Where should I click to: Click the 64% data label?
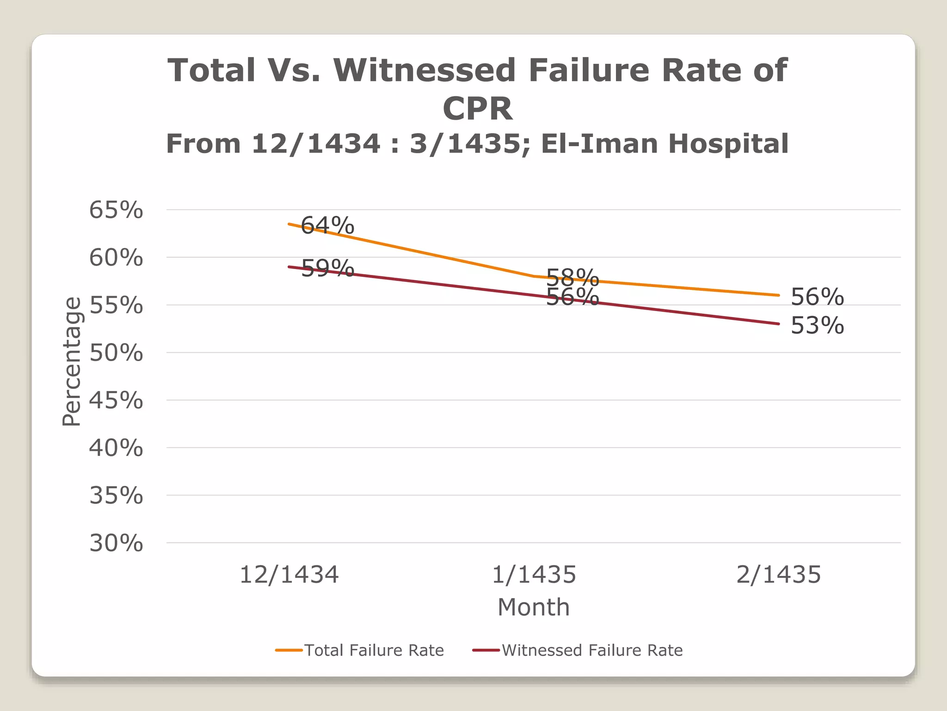pyautogui.click(x=327, y=225)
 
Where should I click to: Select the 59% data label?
pyautogui.click(x=327, y=268)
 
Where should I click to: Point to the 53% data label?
pyautogui.click(x=817, y=325)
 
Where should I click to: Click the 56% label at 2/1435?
pyautogui.click(x=817, y=297)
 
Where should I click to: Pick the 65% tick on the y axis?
pyautogui.click(x=116, y=210)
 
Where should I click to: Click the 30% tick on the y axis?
pyautogui.click(x=116, y=543)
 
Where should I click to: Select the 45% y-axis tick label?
pyautogui.click(x=116, y=400)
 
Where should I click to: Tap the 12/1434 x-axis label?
pyautogui.click(x=289, y=574)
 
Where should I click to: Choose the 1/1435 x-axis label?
pyautogui.click(x=534, y=574)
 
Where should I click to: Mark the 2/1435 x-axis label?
pyautogui.click(x=778, y=574)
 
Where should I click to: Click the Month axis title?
pyautogui.click(x=534, y=607)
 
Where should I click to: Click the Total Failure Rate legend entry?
pyautogui.click(x=374, y=650)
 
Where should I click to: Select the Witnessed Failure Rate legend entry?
pyautogui.click(x=592, y=650)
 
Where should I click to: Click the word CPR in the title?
pyautogui.click(x=478, y=109)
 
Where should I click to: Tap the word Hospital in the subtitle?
pyautogui.click(x=728, y=143)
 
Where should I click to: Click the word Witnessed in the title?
pyautogui.click(x=424, y=70)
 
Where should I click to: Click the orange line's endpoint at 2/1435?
pyautogui.click(x=779, y=295)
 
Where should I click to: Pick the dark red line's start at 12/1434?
pyautogui.click(x=289, y=267)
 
